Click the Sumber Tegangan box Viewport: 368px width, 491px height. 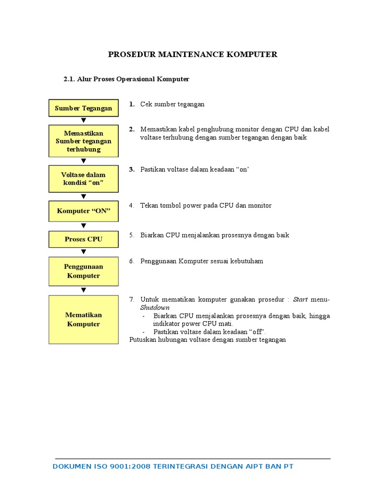(83, 108)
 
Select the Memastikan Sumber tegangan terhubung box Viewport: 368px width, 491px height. (83, 141)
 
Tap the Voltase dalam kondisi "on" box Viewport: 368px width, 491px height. (83, 179)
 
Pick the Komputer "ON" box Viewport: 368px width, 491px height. (83, 211)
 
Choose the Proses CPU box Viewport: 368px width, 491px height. (83, 239)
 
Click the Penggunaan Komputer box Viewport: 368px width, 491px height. (83, 271)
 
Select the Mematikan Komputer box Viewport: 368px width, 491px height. (83, 319)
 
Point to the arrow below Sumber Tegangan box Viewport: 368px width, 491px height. (83, 120)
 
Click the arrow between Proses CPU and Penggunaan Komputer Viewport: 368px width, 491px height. (83, 252)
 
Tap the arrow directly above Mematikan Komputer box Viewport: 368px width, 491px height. (83, 290)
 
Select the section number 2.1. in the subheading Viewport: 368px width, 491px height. (70, 79)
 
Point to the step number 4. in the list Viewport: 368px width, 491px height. (131, 205)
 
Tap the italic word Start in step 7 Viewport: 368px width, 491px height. (300, 299)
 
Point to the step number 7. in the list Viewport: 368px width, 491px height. (131, 299)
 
